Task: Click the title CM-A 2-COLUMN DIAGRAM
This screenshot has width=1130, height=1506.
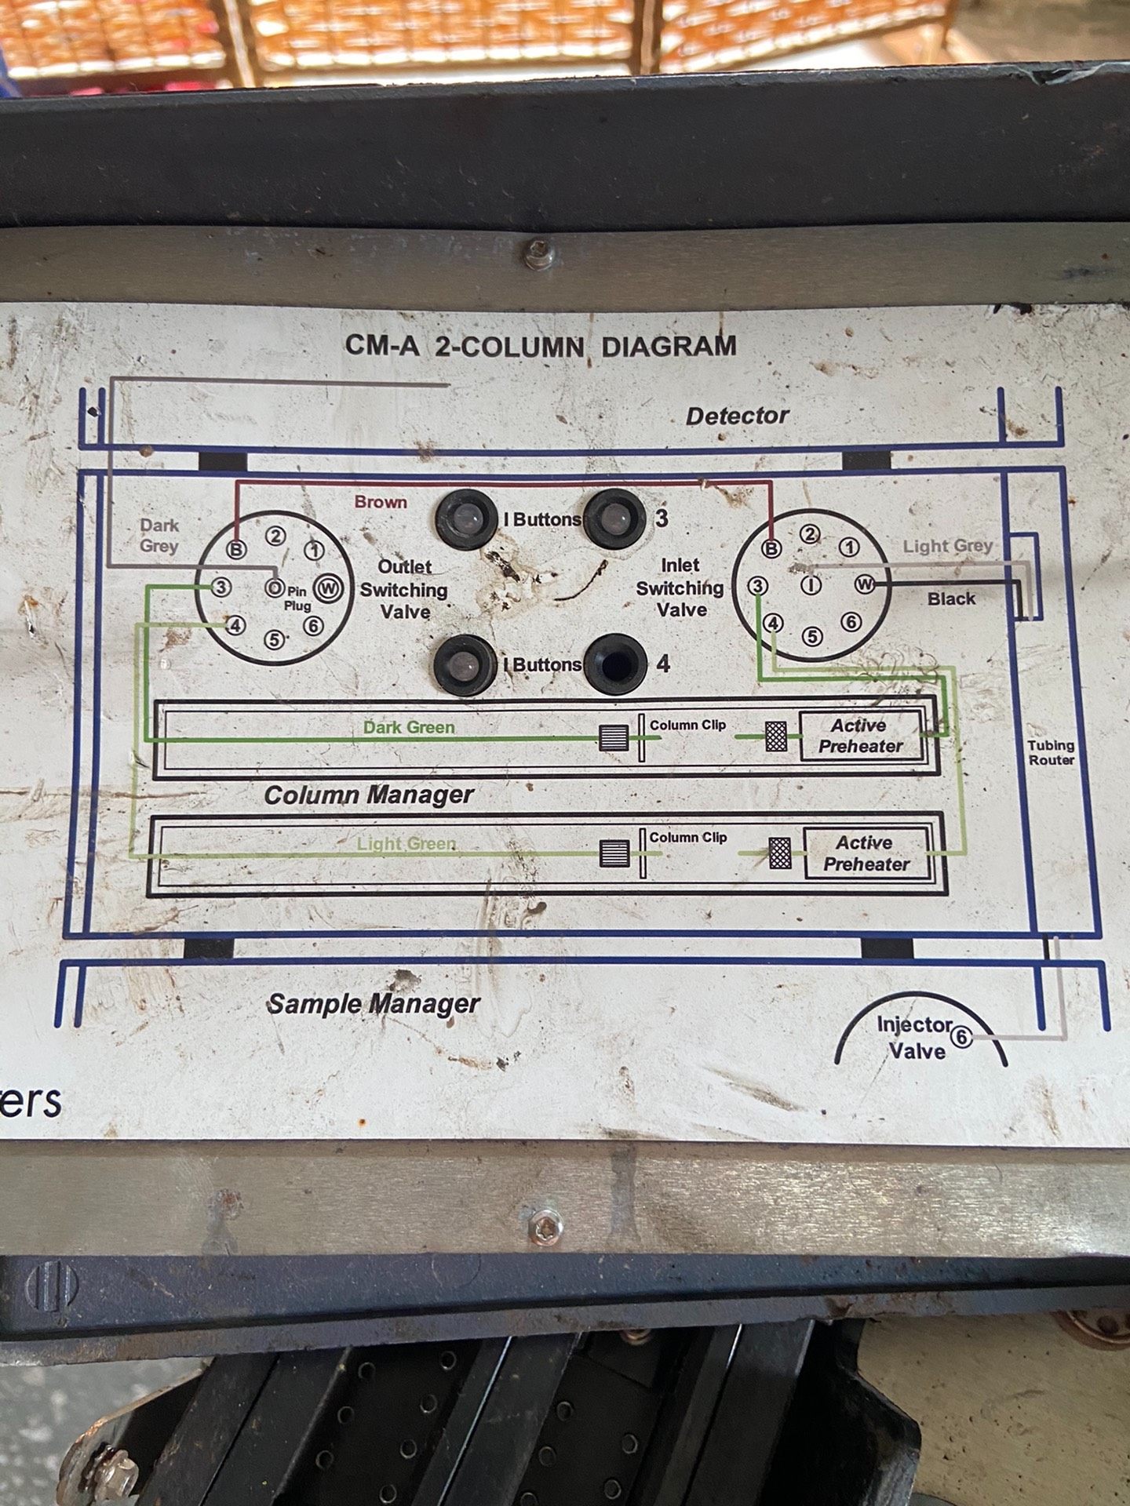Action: [541, 346]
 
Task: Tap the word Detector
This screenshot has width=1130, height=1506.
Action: [737, 416]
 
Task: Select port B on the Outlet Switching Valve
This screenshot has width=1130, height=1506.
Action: [235, 549]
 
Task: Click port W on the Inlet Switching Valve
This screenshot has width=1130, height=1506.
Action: [865, 584]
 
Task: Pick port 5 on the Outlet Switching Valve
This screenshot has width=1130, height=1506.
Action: [274, 640]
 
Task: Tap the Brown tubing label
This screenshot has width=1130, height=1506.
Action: [381, 502]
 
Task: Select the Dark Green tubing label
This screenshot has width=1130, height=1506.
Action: [409, 727]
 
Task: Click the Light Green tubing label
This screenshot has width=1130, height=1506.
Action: [406, 844]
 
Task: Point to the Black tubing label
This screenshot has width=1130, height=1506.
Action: [951, 598]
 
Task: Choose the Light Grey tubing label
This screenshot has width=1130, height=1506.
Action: [948, 546]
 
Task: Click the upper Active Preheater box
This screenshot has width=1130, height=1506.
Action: [861, 736]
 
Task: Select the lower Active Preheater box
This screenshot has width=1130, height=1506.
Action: [866, 853]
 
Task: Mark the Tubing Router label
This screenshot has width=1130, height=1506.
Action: [1052, 752]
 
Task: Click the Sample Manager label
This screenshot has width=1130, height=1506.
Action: [374, 1004]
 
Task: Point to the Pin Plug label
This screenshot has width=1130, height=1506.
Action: [297, 599]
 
